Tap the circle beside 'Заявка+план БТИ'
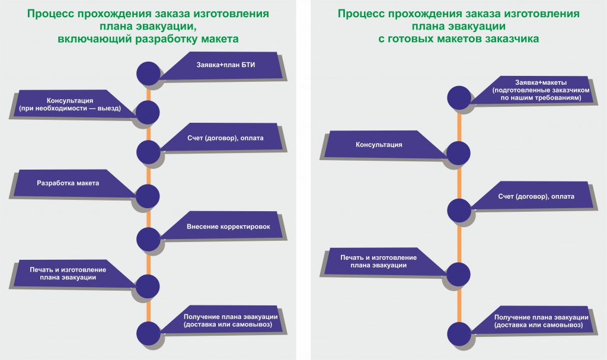coord(148,73)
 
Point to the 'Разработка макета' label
coord(68,183)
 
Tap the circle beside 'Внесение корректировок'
coord(148,238)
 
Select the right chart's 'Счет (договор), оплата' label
coord(536,196)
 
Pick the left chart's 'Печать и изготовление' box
coord(68,273)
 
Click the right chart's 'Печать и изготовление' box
coord(378,262)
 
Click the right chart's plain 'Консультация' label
coord(379,145)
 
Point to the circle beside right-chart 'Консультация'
coord(459,153)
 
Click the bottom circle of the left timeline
coord(148,333)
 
